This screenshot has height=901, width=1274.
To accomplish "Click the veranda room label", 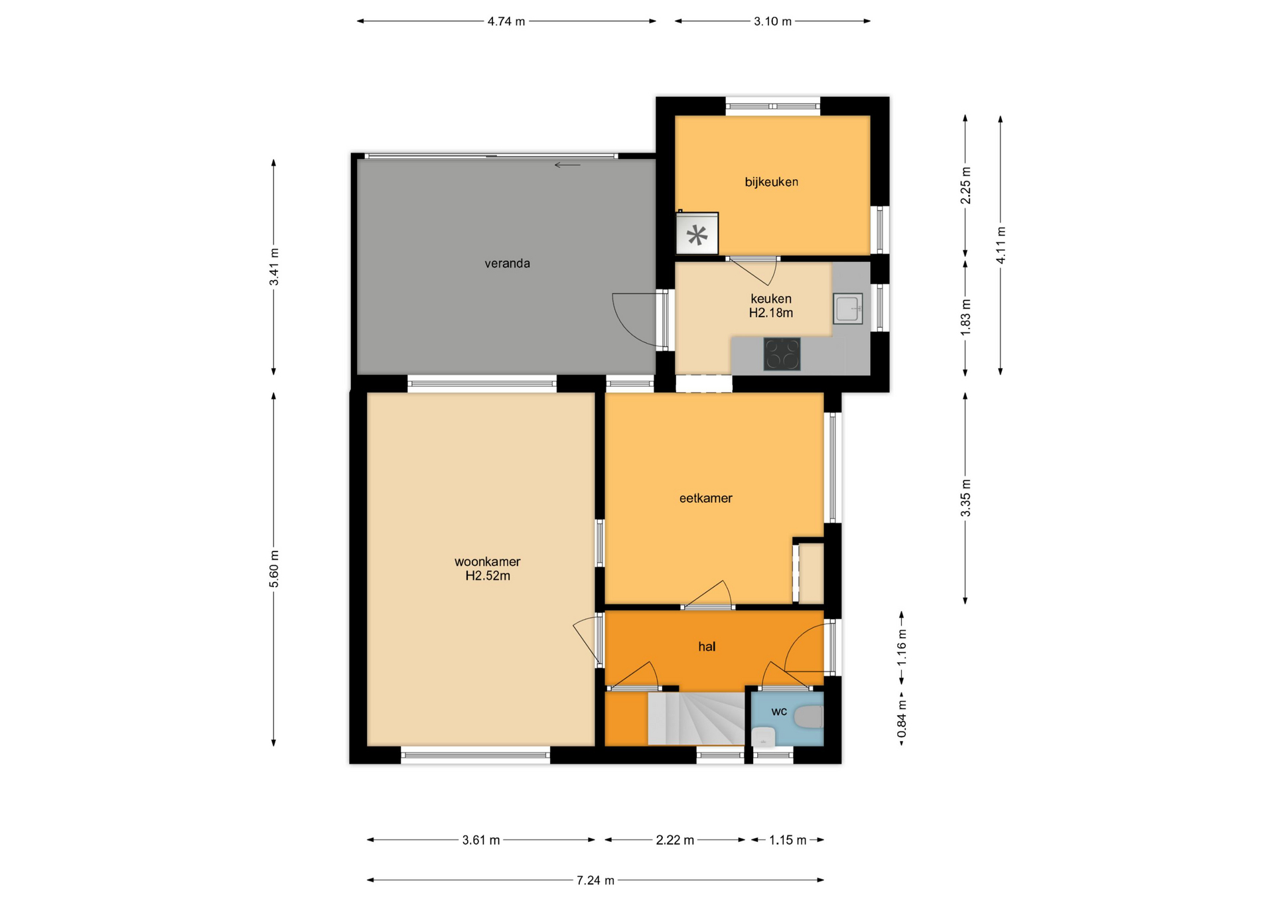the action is (x=507, y=263).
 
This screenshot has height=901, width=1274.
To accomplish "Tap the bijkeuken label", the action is (x=771, y=182).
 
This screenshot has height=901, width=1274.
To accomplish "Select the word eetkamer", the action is (x=705, y=498).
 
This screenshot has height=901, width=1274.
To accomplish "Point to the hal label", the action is (x=707, y=646).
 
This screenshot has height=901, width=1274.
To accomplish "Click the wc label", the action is (x=779, y=711).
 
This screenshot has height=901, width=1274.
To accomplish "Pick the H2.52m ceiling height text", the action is (x=488, y=576).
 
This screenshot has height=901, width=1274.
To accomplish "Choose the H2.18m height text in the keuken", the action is (x=771, y=313).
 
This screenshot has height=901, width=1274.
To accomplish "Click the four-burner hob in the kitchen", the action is (x=782, y=354).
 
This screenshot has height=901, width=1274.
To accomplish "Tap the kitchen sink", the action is (x=848, y=309).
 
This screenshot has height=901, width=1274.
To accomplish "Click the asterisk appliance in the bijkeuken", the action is (x=697, y=234).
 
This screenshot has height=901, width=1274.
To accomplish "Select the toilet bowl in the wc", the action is (x=809, y=717).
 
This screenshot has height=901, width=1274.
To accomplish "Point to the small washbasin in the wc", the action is (x=764, y=736).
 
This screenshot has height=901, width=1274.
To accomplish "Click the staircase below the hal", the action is (x=695, y=719).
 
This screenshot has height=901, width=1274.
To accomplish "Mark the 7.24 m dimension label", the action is (x=595, y=880).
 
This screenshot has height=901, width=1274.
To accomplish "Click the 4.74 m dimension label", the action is (x=506, y=21).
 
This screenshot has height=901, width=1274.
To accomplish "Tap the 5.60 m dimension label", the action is (x=274, y=569).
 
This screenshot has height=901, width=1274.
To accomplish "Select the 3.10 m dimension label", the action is (x=772, y=21).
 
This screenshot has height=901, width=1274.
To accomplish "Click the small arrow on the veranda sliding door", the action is (x=567, y=165).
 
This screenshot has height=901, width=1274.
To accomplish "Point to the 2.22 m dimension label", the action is (x=675, y=840).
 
